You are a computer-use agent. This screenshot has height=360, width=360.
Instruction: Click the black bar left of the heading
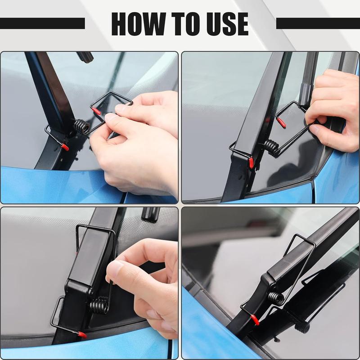[x=42, y=23]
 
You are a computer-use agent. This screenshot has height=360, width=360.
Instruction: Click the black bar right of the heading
[x=318, y=23]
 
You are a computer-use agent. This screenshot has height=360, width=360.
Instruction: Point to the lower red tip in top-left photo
[x=65, y=147]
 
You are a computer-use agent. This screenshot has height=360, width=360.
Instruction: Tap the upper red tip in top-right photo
[x=281, y=122]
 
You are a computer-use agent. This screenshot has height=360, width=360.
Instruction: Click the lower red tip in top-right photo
[x=251, y=162]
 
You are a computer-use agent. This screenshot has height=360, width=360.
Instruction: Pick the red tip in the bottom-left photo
[x=82, y=335]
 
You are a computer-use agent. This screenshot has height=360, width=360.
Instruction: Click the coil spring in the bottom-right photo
[x=276, y=297]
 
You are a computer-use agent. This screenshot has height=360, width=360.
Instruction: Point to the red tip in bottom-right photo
[x=255, y=320]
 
